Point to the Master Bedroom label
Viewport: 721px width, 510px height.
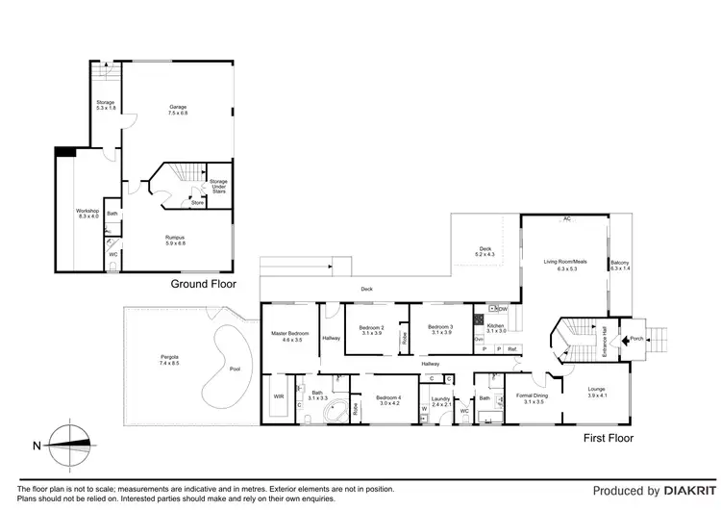tap(287, 336)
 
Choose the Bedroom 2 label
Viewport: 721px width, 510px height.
tap(371, 330)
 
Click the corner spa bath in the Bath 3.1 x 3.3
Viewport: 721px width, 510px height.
tap(334, 412)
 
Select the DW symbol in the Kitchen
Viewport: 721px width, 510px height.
tap(500, 309)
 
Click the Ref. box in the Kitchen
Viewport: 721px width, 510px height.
tap(512, 348)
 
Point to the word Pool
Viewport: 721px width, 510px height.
tap(235, 369)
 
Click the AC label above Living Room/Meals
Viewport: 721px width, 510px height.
tap(567, 219)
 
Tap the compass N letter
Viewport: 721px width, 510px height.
tap(36, 446)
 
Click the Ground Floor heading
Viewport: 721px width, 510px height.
tap(203, 284)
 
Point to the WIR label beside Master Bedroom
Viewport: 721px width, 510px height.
tap(279, 395)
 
